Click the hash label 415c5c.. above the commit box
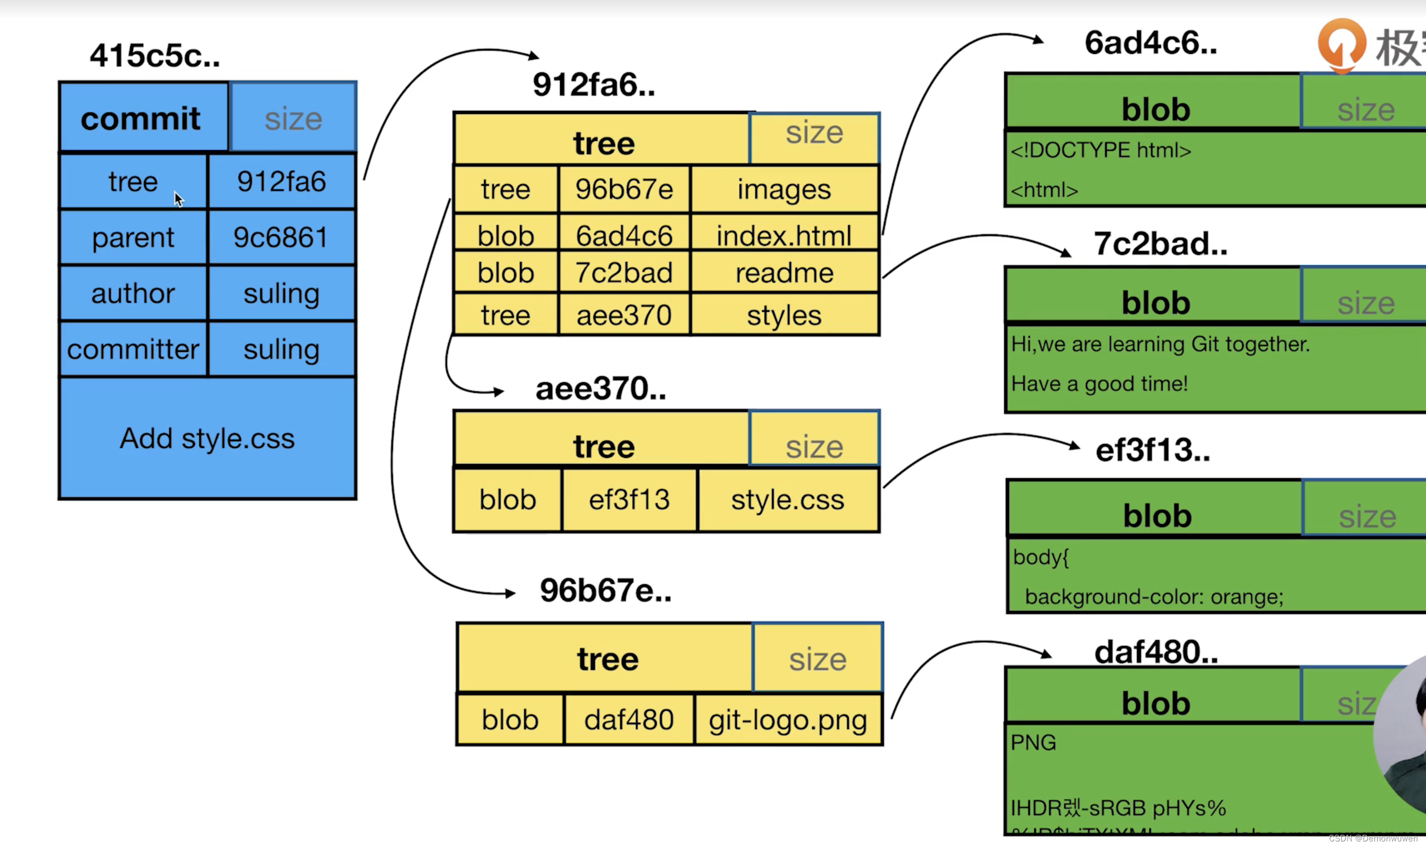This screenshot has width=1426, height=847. tap(155, 56)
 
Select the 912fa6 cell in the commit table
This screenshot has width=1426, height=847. tap(282, 181)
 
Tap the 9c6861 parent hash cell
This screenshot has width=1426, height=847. tap(282, 238)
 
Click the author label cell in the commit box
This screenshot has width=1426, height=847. tap(133, 293)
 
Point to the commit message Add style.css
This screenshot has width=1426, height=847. tap(207, 439)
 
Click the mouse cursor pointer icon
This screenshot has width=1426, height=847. tap(179, 199)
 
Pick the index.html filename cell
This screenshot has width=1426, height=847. tap(784, 235)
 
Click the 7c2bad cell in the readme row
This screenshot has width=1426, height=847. tap(624, 273)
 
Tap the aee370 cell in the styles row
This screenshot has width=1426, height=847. tap(624, 315)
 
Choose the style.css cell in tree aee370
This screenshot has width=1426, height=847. tap(788, 500)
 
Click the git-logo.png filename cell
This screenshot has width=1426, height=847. tap(788, 720)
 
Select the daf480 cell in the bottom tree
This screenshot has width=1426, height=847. tap(628, 720)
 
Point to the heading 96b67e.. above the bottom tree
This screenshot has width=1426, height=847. tap(606, 590)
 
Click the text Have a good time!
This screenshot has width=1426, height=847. tap(1099, 383)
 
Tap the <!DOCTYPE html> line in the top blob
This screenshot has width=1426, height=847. tap(1100, 151)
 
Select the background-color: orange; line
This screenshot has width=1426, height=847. tap(1154, 597)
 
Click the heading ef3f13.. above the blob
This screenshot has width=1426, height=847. tap(1153, 450)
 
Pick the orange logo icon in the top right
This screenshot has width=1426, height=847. tap(1341, 45)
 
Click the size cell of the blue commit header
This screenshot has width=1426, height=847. tap(293, 119)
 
